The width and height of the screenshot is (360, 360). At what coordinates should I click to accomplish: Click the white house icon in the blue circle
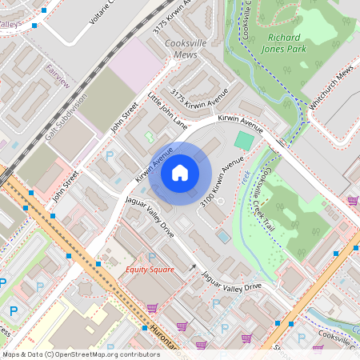point(179,173)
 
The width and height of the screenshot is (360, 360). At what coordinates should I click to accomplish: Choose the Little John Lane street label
point(168,111)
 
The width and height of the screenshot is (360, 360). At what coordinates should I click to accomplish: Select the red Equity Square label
point(150,270)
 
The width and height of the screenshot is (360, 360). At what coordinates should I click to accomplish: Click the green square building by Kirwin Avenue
point(243,141)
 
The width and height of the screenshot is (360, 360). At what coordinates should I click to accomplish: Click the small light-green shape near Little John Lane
point(150,138)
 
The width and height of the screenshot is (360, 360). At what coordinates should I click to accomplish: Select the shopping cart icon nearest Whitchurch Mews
point(352,201)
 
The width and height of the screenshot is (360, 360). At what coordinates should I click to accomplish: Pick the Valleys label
point(10,25)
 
